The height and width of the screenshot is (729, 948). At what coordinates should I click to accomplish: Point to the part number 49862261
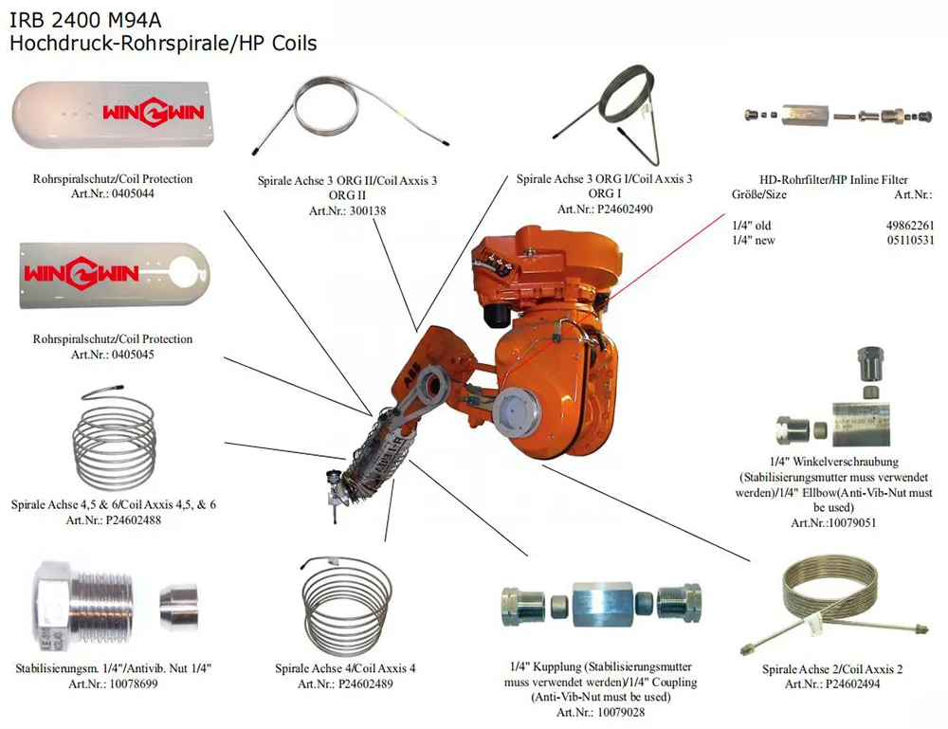[x=907, y=225]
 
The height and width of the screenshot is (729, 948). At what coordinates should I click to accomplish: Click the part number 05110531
[x=907, y=240]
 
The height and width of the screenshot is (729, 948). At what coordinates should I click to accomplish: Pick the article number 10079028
[x=619, y=711]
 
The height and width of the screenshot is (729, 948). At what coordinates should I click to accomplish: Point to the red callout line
[x=664, y=256]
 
